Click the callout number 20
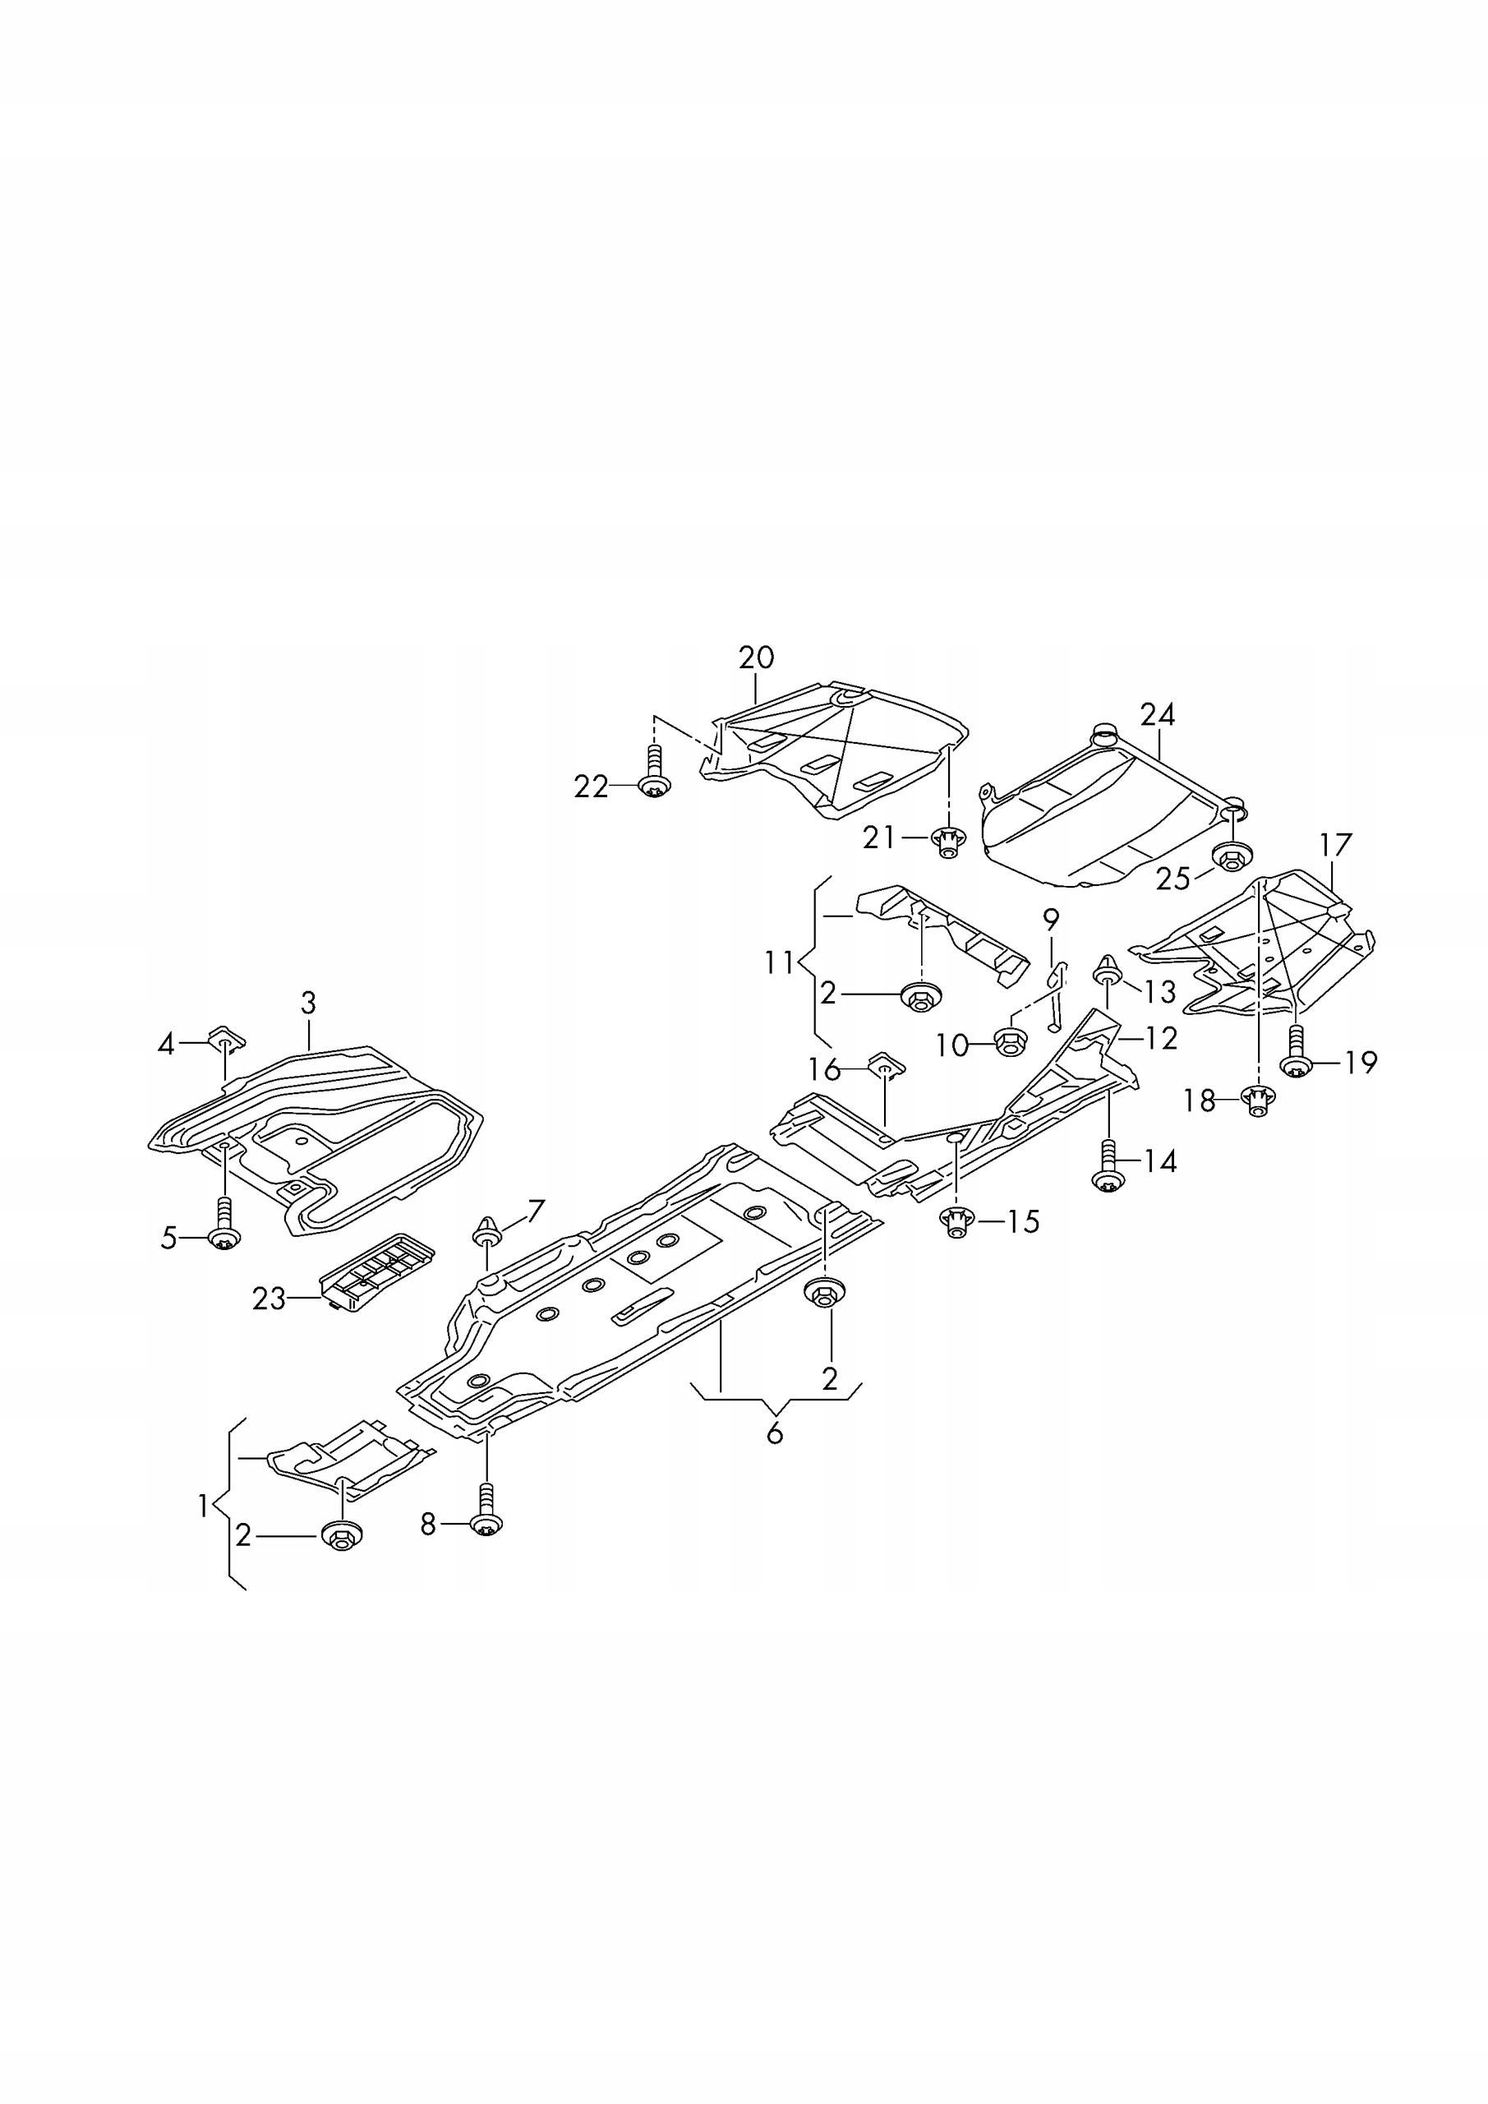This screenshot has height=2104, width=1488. click(756, 658)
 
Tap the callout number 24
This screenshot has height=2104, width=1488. click(1157, 714)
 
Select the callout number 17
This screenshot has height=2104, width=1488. click(1335, 843)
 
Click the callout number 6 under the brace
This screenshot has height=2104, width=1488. click(774, 1433)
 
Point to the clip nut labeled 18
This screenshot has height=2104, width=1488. click(1257, 1100)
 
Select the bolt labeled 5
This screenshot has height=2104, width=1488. click(224, 1227)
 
